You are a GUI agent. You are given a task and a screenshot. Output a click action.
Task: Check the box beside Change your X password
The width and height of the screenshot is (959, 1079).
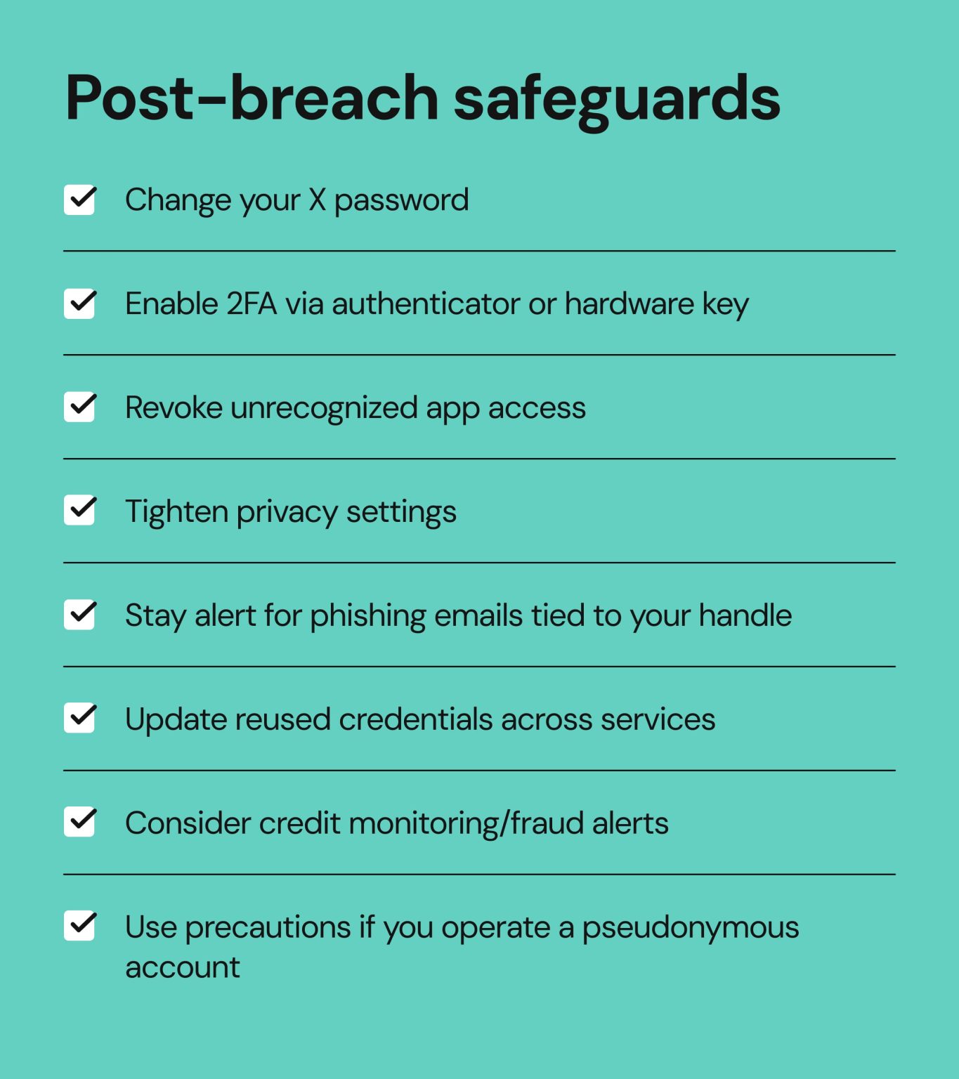coord(79,200)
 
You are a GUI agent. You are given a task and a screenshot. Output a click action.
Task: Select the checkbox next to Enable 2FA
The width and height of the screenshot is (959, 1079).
coord(79,303)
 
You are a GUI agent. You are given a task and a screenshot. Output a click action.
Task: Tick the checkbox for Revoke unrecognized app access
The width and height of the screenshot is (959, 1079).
coord(79,407)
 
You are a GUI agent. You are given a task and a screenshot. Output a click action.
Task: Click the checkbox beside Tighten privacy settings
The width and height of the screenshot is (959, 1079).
coord(79,511)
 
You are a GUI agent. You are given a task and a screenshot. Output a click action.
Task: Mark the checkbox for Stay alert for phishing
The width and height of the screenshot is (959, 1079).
coord(79,615)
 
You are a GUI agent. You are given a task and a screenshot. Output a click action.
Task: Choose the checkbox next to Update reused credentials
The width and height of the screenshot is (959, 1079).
coord(79,718)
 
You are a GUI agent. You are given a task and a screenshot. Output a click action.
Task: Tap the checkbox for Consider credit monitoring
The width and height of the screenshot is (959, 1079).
coord(79,822)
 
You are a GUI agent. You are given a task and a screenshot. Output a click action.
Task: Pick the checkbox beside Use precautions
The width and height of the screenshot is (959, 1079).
coord(79,926)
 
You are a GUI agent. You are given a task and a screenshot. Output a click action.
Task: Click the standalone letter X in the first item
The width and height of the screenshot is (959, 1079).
coord(318,200)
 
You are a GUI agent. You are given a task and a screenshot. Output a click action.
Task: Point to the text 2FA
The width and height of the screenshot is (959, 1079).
coord(251,304)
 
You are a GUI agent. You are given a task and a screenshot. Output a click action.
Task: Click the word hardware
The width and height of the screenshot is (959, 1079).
coord(629,304)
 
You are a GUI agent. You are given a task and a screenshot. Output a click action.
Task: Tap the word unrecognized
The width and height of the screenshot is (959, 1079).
coord(324,409)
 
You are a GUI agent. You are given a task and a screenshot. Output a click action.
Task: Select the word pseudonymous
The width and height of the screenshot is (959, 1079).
coord(690,928)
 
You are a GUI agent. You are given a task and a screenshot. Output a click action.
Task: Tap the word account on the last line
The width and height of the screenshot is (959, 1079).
coord(183,968)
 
